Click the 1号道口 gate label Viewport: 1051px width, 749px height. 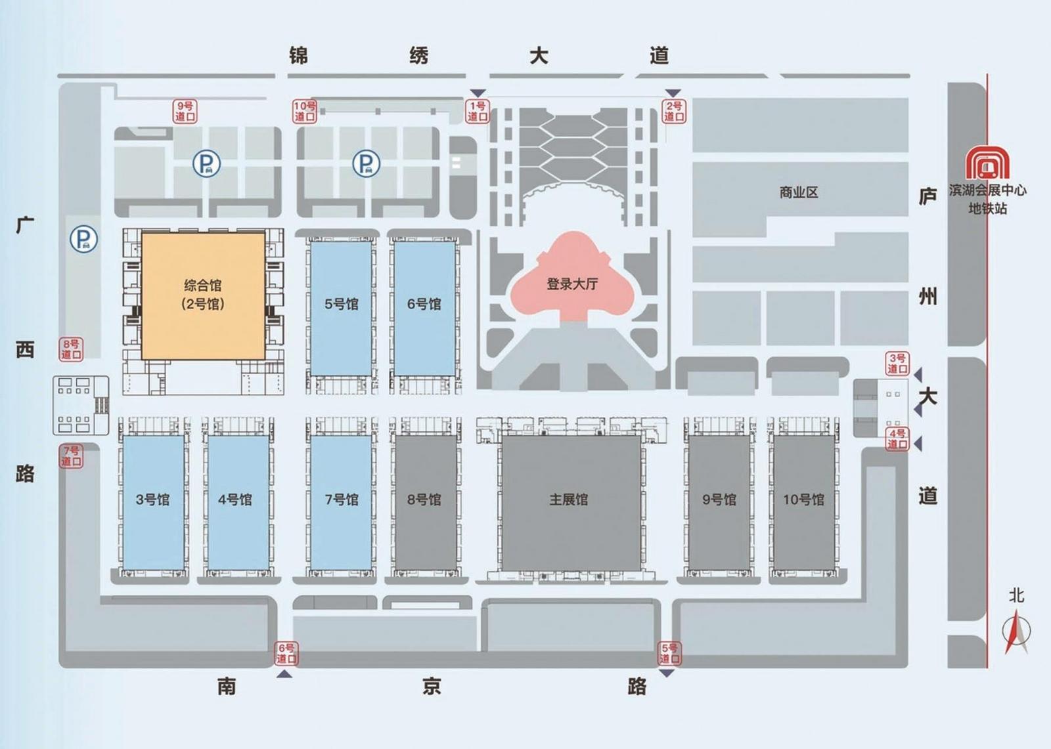478,111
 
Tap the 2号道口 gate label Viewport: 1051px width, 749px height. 674,111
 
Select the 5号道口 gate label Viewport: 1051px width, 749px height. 669,653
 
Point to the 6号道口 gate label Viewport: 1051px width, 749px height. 286,653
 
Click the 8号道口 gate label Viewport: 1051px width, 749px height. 72,349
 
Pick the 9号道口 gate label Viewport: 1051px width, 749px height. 185,112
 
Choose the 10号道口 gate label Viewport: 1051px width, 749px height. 305,112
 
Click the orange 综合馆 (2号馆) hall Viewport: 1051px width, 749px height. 203,297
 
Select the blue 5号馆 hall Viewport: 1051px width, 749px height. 341,309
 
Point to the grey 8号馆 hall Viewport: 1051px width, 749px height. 425,503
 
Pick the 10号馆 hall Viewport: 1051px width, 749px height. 804,503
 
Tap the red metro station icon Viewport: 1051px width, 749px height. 987,162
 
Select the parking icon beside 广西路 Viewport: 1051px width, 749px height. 84,239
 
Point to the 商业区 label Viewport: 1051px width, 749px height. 799,192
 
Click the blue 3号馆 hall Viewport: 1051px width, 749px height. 154,503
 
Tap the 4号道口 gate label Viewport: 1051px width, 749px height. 897,439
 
